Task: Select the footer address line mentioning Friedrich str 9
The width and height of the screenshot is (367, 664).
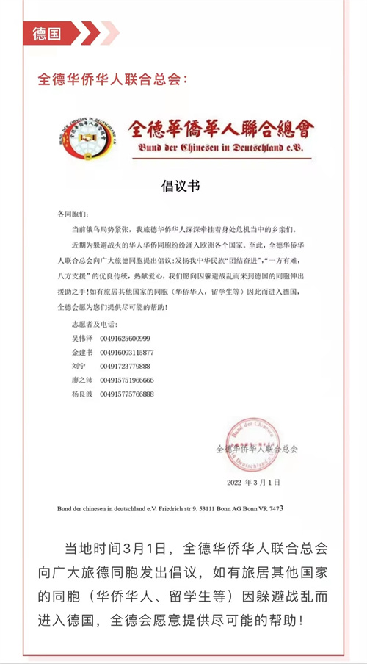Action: click(170, 508)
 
